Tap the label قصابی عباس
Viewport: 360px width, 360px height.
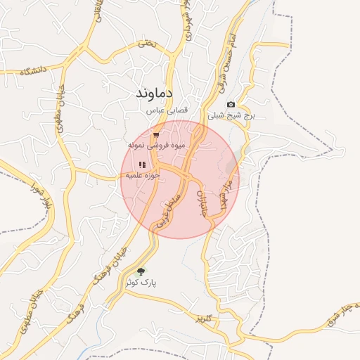(165, 110)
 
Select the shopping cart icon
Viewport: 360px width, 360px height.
(156, 134)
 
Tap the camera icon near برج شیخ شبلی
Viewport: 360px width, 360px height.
(231, 105)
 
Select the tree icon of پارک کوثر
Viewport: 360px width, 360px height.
(141, 271)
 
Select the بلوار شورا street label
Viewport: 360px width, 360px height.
(30, 194)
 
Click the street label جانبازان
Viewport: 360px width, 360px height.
(205, 203)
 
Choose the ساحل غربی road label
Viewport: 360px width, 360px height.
(169, 208)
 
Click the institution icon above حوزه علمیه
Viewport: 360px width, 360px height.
(141, 165)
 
